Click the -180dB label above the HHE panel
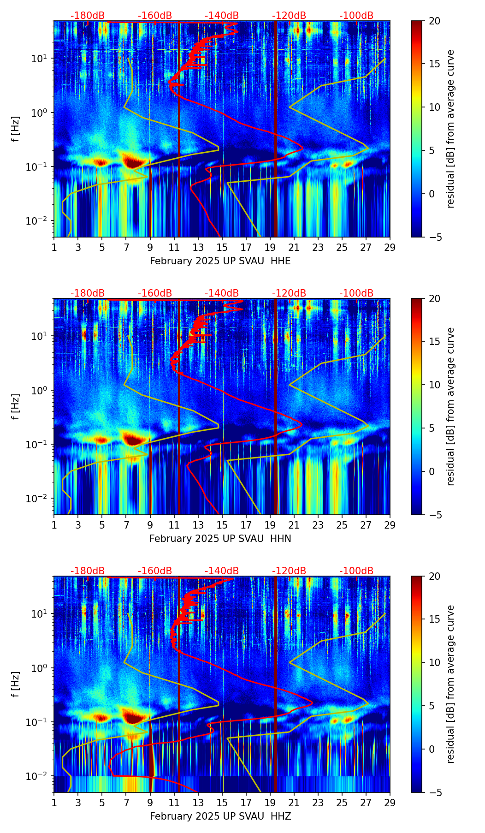(x=88, y=16)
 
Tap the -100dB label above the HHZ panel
(x=356, y=571)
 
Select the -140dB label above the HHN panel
(x=222, y=293)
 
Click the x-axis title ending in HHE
(x=220, y=261)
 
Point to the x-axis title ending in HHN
(x=220, y=539)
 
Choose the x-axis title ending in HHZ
(x=220, y=816)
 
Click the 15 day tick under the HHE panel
(x=222, y=247)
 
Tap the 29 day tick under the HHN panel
(x=390, y=525)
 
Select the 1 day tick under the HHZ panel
(x=54, y=803)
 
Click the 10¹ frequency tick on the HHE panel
(x=38, y=59)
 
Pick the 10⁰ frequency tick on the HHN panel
(x=38, y=391)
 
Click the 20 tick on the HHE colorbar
(x=434, y=21)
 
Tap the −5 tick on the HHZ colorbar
(x=434, y=792)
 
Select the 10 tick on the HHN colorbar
(x=434, y=385)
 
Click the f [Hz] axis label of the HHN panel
(x=16, y=406)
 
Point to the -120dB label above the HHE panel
(x=289, y=16)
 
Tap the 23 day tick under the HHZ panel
(x=318, y=803)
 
